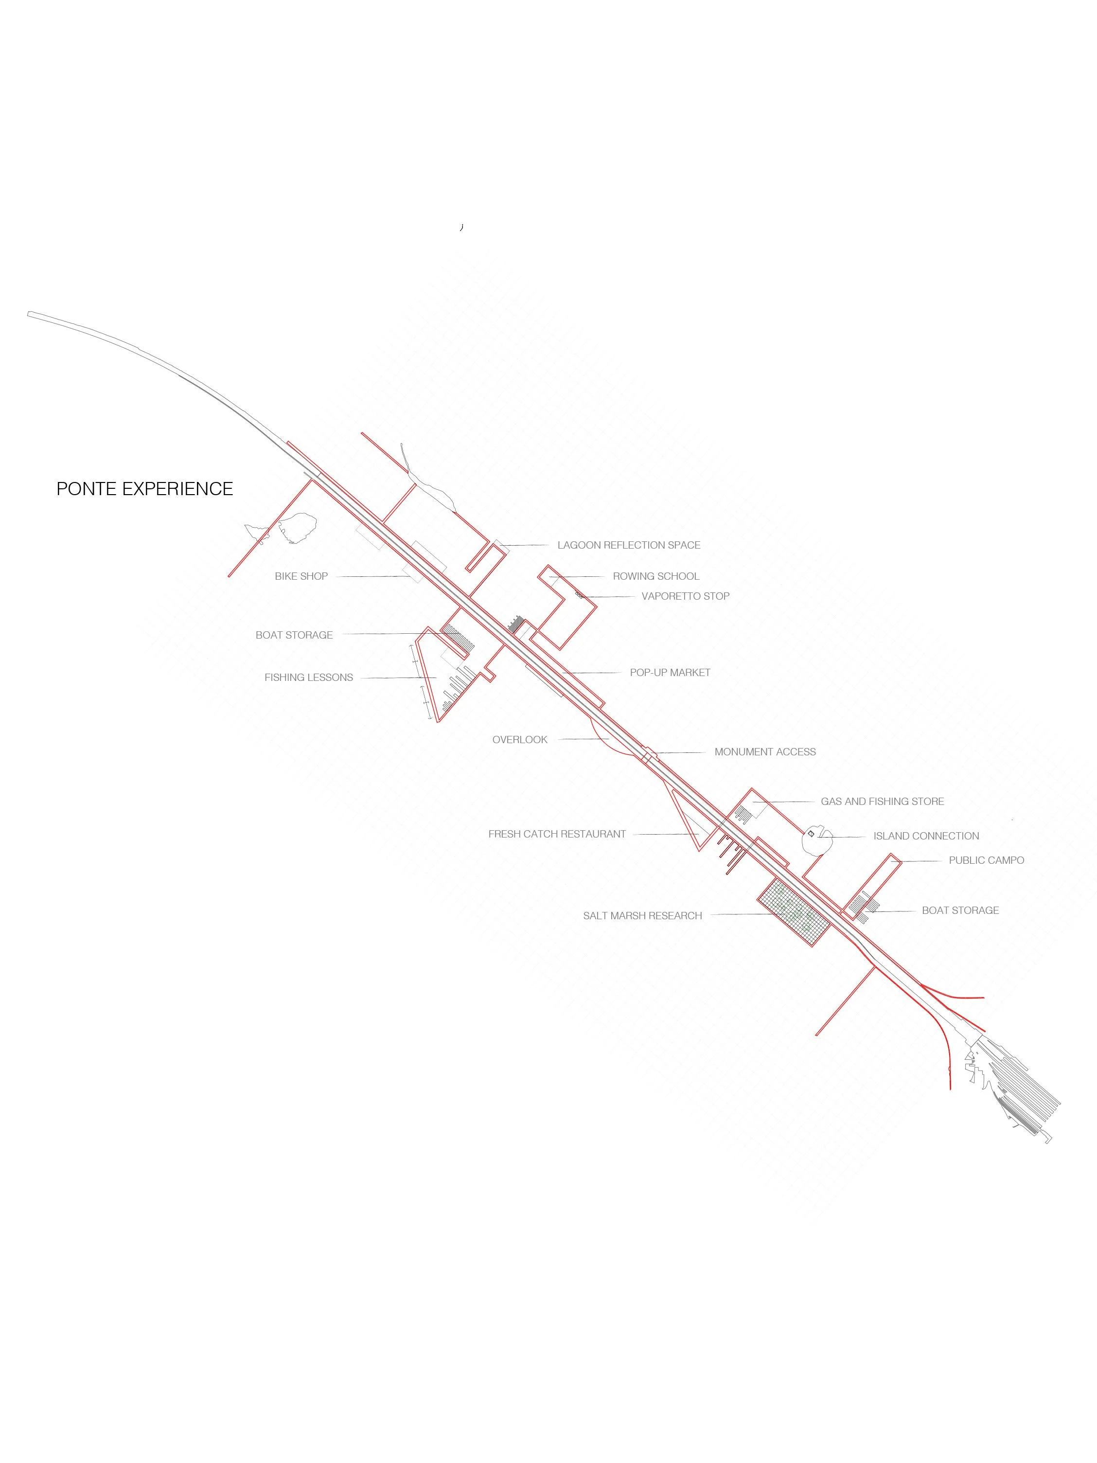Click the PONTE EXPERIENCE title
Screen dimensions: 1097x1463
(145, 489)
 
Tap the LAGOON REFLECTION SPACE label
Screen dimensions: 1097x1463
(628, 545)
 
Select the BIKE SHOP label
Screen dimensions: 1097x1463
(301, 576)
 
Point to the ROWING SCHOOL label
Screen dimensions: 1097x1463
(655, 576)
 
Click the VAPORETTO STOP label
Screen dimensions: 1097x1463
(685, 596)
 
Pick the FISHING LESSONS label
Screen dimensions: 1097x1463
(308, 677)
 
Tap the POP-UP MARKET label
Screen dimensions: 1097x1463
(670, 673)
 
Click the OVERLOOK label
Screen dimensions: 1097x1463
(520, 739)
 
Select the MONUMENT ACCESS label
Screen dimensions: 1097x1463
(764, 752)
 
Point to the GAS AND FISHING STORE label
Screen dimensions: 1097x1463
(882, 802)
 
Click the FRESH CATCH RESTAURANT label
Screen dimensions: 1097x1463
(557, 834)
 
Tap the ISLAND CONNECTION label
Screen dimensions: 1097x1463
(926, 836)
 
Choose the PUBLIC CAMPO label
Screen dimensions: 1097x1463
(986, 860)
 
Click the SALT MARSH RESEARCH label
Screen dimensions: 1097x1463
(642, 915)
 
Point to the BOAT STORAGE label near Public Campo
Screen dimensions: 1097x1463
(960, 910)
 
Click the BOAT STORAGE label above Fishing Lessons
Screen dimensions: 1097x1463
(294, 635)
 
